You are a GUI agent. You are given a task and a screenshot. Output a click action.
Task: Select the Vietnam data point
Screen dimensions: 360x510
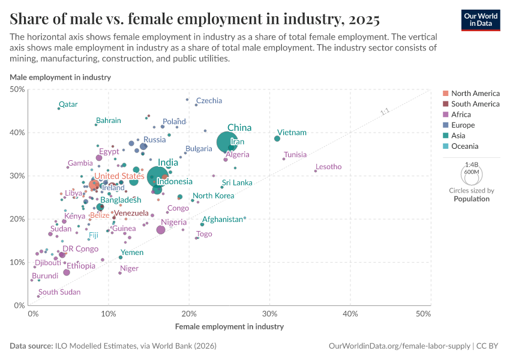pyautogui.click(x=277, y=139)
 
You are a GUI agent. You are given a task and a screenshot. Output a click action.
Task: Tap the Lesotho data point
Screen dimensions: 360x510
pyautogui.click(x=315, y=171)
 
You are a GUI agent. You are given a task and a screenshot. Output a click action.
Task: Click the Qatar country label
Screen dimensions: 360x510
pyautogui.click(x=68, y=104)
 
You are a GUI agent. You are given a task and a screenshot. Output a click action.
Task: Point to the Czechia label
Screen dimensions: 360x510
pyautogui.click(x=209, y=101)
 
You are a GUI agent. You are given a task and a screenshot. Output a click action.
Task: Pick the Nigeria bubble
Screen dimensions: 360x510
pyautogui.click(x=161, y=230)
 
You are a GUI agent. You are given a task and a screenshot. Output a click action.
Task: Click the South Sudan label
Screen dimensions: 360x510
pyautogui.click(x=59, y=292)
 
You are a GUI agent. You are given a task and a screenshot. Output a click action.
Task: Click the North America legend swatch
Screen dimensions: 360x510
pyautogui.click(x=445, y=94)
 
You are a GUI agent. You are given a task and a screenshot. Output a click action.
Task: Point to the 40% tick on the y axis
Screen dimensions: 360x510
pyautogui.click(x=17, y=133)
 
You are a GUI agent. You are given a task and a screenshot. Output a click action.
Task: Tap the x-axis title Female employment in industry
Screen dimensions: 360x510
pyautogui.click(x=229, y=327)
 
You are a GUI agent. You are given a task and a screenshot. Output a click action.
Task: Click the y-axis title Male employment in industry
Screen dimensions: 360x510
pyautogui.click(x=60, y=77)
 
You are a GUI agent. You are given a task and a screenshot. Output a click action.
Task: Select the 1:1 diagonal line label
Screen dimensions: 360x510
pyautogui.click(x=385, y=112)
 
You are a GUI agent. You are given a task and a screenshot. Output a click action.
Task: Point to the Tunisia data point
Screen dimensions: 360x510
pyautogui.click(x=284, y=158)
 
